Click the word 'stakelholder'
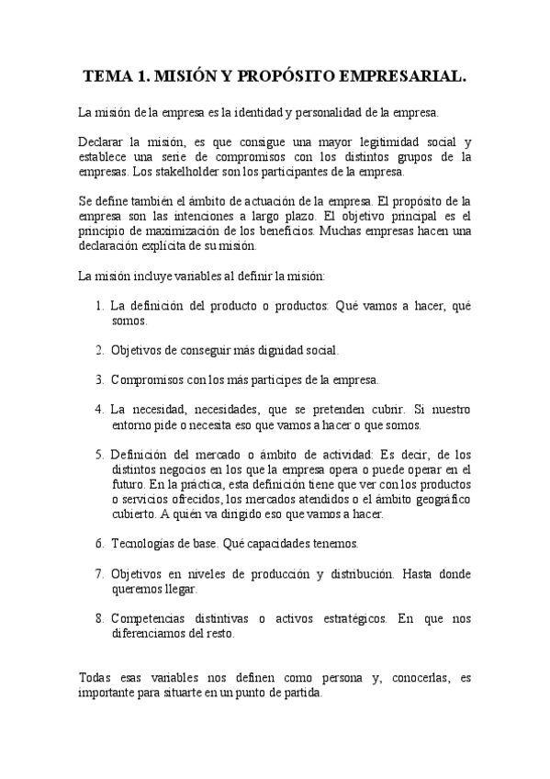pyautogui.click(x=181, y=172)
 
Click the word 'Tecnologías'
pyautogui.click(x=142, y=544)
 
